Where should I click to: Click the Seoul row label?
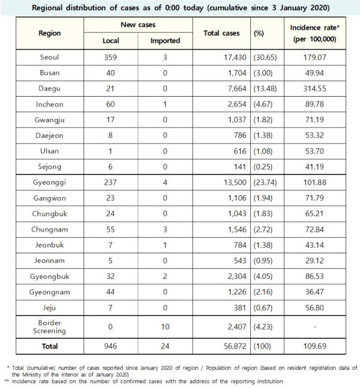point(49,58)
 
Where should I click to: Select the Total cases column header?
point(221,33)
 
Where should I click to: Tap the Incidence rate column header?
point(315,33)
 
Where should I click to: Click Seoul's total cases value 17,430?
point(235,58)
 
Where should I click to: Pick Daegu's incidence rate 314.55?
point(315,88)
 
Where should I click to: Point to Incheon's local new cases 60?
point(110,104)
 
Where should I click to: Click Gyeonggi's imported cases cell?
point(165,182)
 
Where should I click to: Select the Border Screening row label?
point(49,327)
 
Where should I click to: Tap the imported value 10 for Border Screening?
point(165,327)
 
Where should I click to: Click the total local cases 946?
point(110,346)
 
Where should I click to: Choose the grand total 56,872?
point(235,346)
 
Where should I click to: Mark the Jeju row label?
point(49,308)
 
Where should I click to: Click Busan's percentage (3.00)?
point(263,73)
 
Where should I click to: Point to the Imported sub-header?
point(165,41)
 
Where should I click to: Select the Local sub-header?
point(111,41)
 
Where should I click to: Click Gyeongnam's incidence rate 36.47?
point(315,292)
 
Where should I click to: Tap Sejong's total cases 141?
point(240,167)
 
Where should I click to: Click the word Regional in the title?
point(47,8)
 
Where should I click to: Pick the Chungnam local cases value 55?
point(110,230)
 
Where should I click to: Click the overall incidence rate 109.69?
point(315,346)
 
